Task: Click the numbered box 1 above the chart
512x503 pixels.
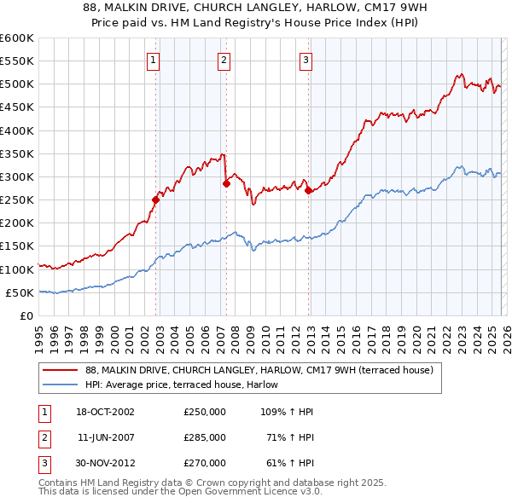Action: point(152,60)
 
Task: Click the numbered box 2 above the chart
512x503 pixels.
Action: point(223,60)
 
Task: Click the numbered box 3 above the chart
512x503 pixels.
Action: point(305,60)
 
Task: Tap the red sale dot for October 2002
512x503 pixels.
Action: point(156,200)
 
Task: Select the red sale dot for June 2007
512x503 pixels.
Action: point(226,183)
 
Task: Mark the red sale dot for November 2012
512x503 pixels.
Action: point(309,191)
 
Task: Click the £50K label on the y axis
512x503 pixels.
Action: point(20,292)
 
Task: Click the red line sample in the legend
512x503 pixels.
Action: point(61,370)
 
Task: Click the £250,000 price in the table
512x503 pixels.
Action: point(205,412)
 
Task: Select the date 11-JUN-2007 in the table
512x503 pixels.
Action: point(106,437)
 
